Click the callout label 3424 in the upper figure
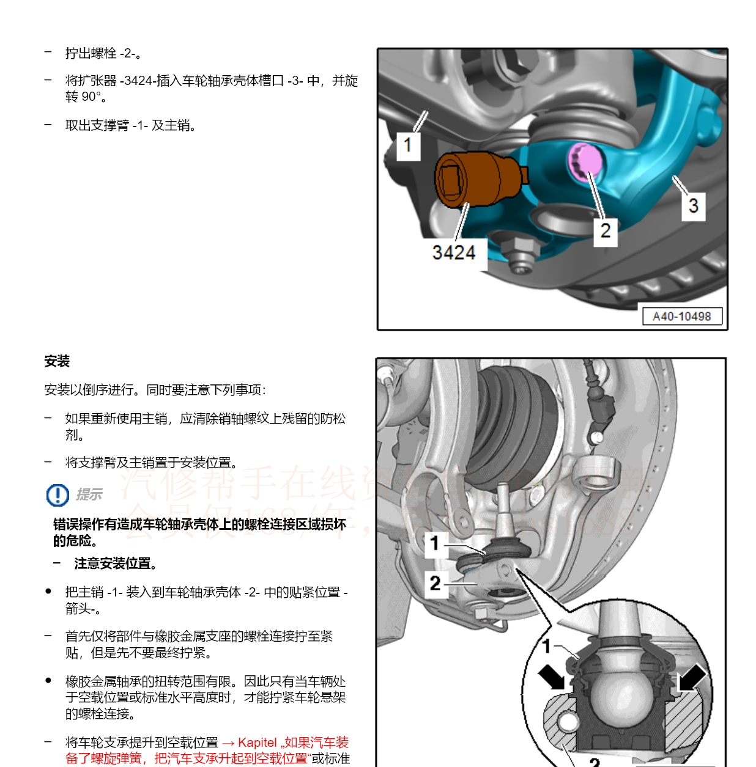point(453,252)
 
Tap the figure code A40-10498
point(681,316)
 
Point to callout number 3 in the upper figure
point(693,205)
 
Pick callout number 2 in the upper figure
point(605,231)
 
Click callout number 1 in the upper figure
point(408,145)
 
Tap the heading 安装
point(57,361)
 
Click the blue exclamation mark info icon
point(57,494)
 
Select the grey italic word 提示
point(89,494)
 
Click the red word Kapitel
point(257,743)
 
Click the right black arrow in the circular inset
point(691,677)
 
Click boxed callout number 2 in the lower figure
point(435,583)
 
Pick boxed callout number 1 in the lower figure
point(435,543)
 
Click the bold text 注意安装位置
point(116,563)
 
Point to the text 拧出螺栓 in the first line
point(91,54)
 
